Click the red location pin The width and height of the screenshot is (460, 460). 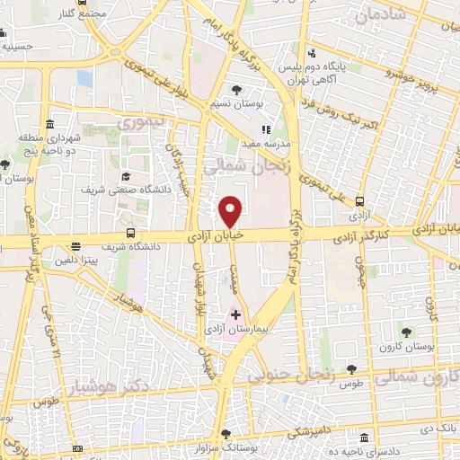tap(231, 210)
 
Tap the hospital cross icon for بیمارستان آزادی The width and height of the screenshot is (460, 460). tap(235, 315)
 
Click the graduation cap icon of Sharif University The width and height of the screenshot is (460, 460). tap(126, 176)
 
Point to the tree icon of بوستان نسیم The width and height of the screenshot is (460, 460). tap(236, 90)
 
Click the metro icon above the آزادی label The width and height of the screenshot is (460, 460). tap(360, 202)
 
